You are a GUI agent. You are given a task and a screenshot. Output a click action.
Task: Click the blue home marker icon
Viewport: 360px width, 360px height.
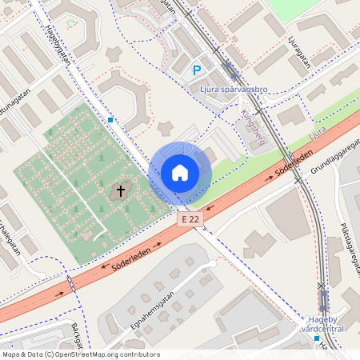pos(180,172)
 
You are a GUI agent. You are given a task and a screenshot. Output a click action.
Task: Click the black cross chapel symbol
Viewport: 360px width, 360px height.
pos(121,191)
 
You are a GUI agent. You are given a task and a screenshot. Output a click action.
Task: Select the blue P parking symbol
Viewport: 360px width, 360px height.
pos(197,71)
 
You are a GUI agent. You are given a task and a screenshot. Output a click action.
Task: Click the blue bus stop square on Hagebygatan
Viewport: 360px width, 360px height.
pos(110,119)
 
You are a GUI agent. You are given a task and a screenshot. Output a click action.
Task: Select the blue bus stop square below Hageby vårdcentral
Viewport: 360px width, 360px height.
pos(315,338)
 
